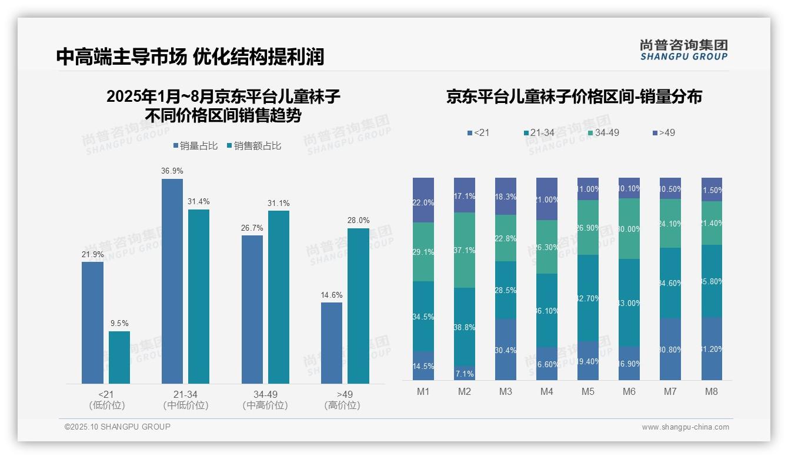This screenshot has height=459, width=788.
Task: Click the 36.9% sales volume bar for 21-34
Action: pyautogui.click(x=172, y=281)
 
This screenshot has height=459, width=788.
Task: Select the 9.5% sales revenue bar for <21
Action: pyautogui.click(x=119, y=357)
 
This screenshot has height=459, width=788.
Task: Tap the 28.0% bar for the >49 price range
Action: pyautogui.click(x=358, y=306)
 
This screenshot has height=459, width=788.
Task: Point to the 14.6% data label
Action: pyautogui.click(x=332, y=295)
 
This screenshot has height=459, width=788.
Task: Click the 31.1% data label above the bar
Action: pyautogui.click(x=279, y=203)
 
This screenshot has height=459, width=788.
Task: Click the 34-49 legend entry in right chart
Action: pyautogui.click(x=603, y=133)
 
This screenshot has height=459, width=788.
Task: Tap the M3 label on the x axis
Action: pyautogui.click(x=506, y=392)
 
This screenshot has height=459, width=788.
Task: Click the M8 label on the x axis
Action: pyautogui.click(x=712, y=392)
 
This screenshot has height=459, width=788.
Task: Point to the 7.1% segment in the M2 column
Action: pyautogui.click(x=465, y=373)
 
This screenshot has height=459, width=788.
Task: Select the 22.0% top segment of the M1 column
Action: pyautogui.click(x=423, y=200)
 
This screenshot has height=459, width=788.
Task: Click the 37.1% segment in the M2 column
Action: pyautogui.click(x=465, y=250)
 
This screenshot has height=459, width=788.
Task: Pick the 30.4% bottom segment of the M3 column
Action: pyautogui.click(x=506, y=350)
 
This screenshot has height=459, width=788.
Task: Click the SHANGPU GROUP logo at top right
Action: pyautogui.click(x=683, y=50)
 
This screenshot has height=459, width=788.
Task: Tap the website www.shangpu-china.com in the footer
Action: pyautogui.click(x=685, y=427)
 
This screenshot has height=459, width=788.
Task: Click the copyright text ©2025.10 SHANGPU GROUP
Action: pyautogui.click(x=118, y=427)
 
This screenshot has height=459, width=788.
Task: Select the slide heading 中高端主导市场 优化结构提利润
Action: pyautogui.click(x=190, y=56)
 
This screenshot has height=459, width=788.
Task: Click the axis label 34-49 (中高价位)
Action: pyautogui.click(x=265, y=400)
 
